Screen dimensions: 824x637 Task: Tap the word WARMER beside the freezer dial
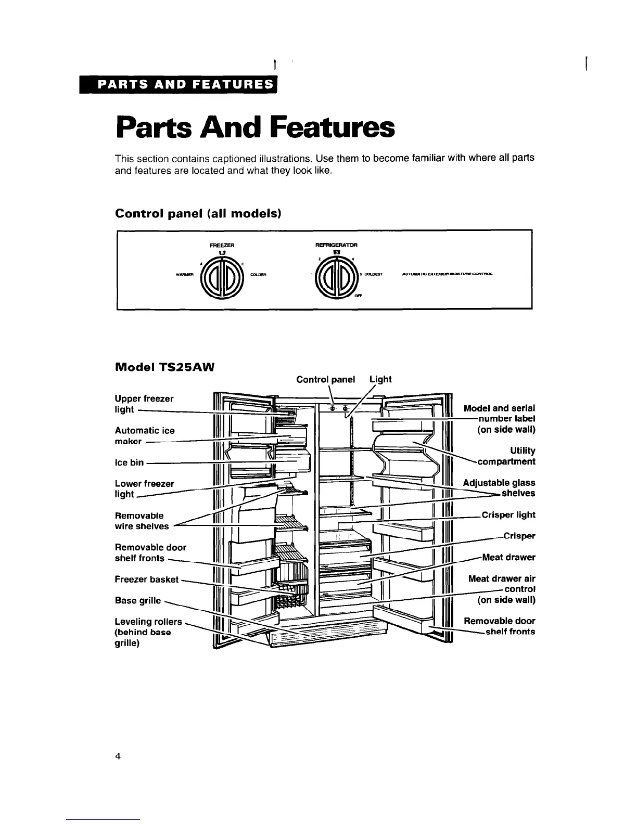tap(186, 276)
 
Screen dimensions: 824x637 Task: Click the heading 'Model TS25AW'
tap(164, 367)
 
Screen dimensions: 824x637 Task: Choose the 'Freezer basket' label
tap(146, 580)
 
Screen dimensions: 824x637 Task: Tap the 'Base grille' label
tap(138, 601)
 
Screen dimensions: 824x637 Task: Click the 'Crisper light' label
tap(508, 515)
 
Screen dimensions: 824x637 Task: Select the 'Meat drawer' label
tap(509, 558)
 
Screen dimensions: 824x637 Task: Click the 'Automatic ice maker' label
tap(144, 436)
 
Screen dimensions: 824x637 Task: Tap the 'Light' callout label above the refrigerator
tap(380, 379)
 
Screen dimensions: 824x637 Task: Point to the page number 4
tap(118, 757)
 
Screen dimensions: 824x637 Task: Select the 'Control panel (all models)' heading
tap(198, 214)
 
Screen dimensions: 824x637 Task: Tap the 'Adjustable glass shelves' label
tap(500, 488)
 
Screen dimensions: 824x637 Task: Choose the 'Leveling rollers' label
tap(148, 622)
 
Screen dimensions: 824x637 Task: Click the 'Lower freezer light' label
tap(144, 489)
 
